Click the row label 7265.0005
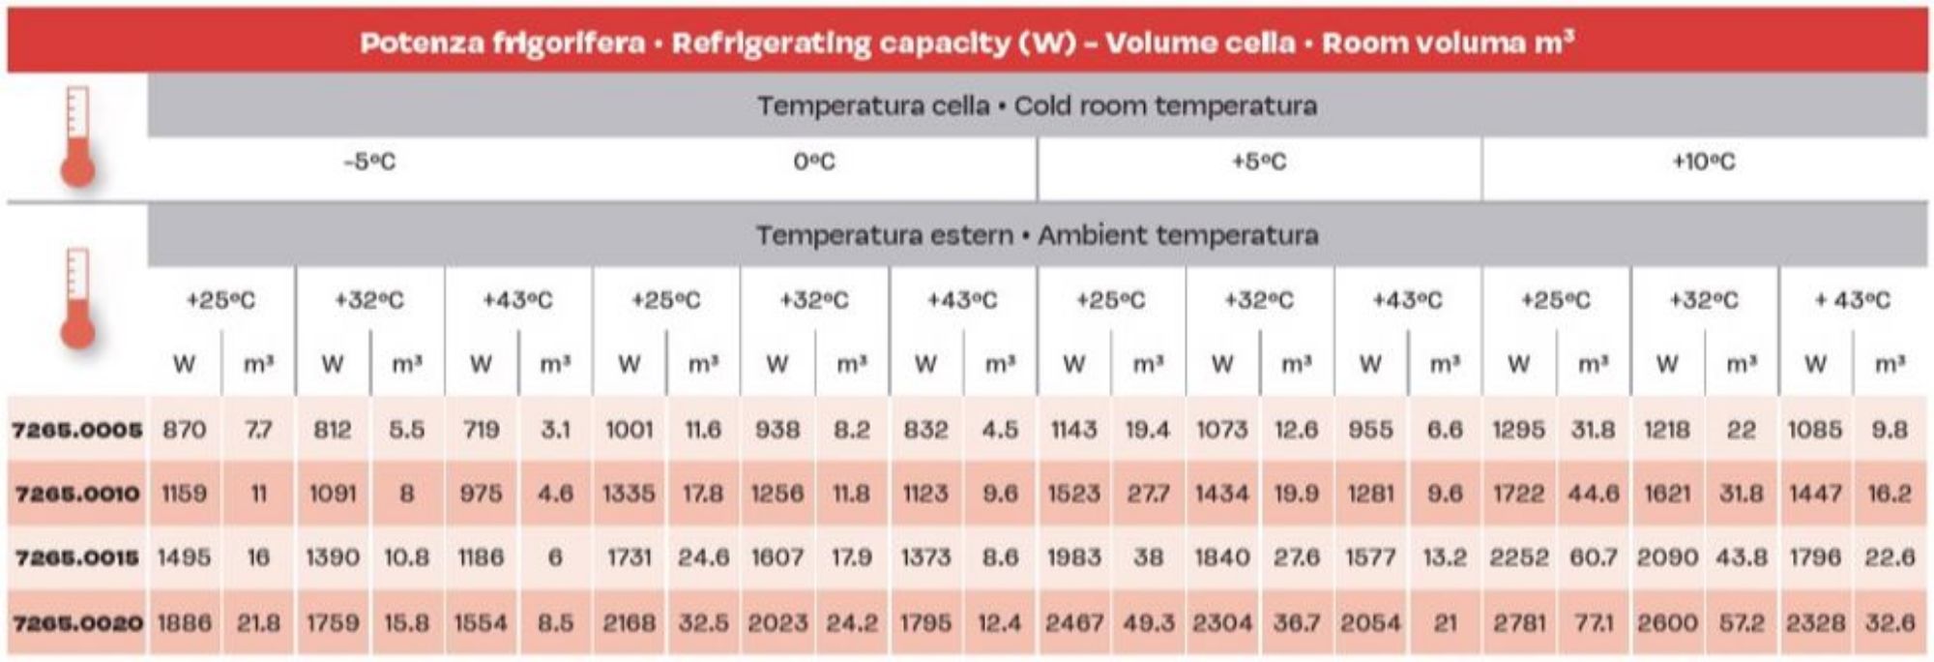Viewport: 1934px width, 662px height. (x=76, y=429)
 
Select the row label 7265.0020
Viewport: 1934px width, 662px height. (x=76, y=622)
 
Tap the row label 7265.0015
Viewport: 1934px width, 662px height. (x=76, y=557)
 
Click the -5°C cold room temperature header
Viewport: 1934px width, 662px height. (x=369, y=162)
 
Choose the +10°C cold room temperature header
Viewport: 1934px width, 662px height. (x=1704, y=162)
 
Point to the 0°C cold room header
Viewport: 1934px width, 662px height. (x=814, y=162)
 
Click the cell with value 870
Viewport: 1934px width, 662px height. (x=184, y=429)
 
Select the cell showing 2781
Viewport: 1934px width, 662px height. (x=1519, y=622)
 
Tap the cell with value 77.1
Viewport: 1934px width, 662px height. (x=1594, y=622)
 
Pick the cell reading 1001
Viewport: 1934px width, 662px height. (x=630, y=429)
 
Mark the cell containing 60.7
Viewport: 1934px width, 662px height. (x=1594, y=557)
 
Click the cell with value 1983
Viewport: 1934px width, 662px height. (x=1073, y=557)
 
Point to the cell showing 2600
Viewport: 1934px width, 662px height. (x=1667, y=622)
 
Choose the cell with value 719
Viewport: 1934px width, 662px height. (x=481, y=429)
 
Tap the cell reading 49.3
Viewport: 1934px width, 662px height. (x=1148, y=622)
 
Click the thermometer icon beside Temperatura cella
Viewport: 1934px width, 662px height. (x=77, y=136)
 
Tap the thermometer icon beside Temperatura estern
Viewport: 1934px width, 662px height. (x=77, y=298)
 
